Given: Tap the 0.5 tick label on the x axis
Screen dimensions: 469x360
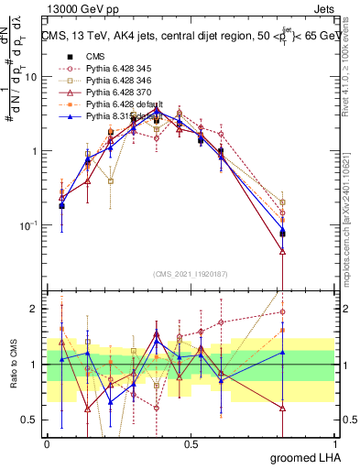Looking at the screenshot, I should pos(191,444).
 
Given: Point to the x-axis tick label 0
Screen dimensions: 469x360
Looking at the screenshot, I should pos(47,444).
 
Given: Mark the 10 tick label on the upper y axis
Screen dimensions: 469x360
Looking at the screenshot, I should pos(30,77).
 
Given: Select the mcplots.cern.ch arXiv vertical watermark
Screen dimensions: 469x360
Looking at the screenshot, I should pos(352,229).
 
